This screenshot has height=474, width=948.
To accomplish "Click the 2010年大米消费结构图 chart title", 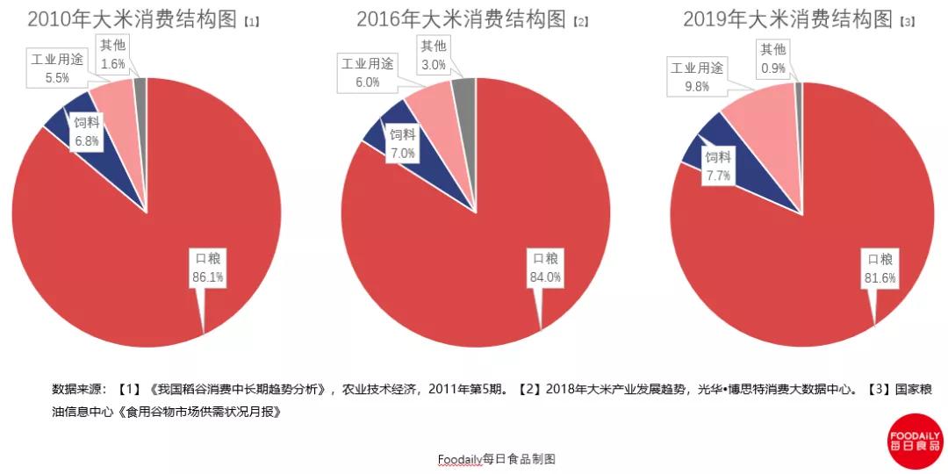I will coord(133,19).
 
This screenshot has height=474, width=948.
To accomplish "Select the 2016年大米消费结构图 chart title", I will coord(461,19).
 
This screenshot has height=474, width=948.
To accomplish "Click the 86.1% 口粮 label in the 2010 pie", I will coord(208,268).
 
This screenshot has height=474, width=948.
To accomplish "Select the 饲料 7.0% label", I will coord(403,144).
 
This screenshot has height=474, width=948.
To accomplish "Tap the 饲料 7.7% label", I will coord(718,166).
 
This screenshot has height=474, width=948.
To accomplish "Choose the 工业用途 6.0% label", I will coord(368,73).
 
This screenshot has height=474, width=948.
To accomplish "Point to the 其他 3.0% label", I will coord(433,55).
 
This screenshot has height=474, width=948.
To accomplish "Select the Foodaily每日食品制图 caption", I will coord(497,459).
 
